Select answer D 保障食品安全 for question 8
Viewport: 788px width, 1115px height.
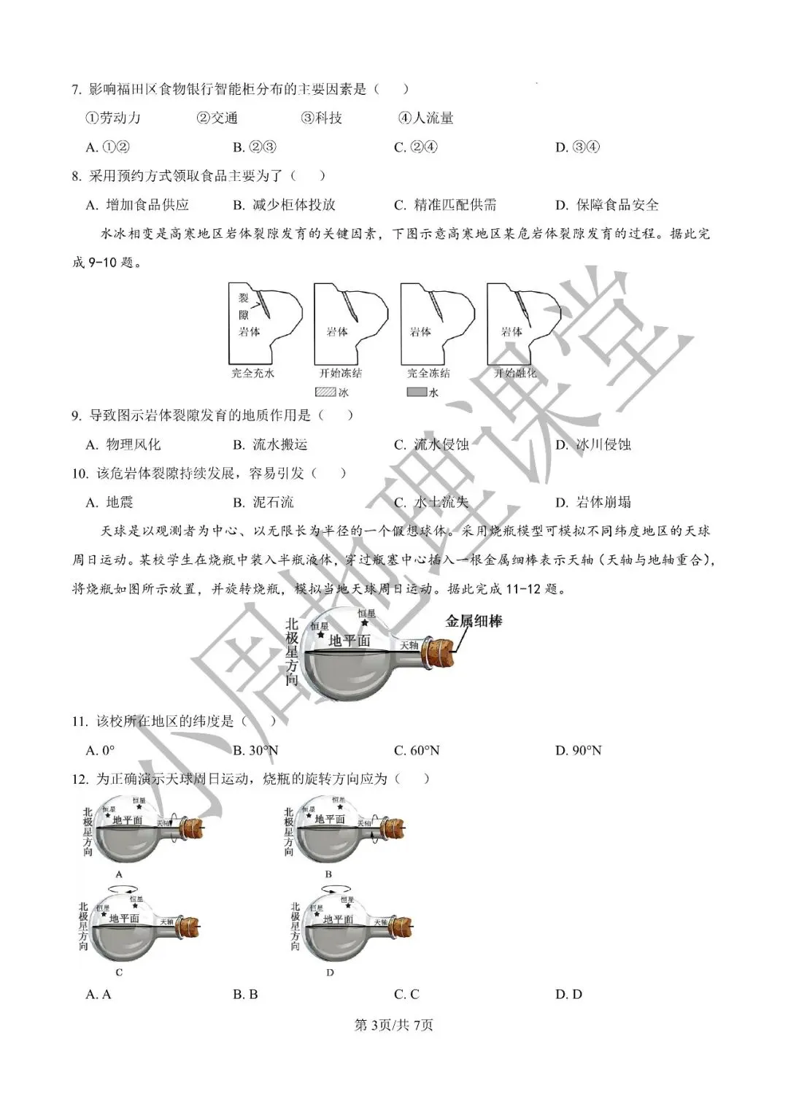607,205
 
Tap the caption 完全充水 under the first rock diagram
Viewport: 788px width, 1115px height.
253,373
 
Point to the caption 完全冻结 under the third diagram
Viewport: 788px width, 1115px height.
428,373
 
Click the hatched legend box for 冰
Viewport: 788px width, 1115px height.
325,392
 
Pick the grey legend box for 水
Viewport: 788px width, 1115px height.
417,392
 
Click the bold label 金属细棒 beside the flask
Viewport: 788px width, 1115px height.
474,622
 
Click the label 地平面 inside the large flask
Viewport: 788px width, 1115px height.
349,641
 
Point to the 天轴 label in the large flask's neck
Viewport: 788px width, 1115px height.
409,645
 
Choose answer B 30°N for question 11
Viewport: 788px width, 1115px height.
256,750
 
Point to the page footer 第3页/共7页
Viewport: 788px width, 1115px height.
393,1025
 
